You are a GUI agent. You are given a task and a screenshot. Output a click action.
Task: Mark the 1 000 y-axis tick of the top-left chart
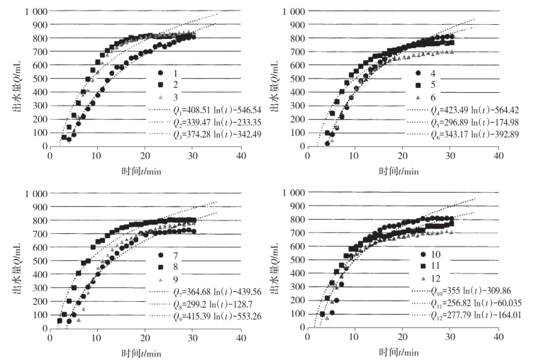click(33, 12)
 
